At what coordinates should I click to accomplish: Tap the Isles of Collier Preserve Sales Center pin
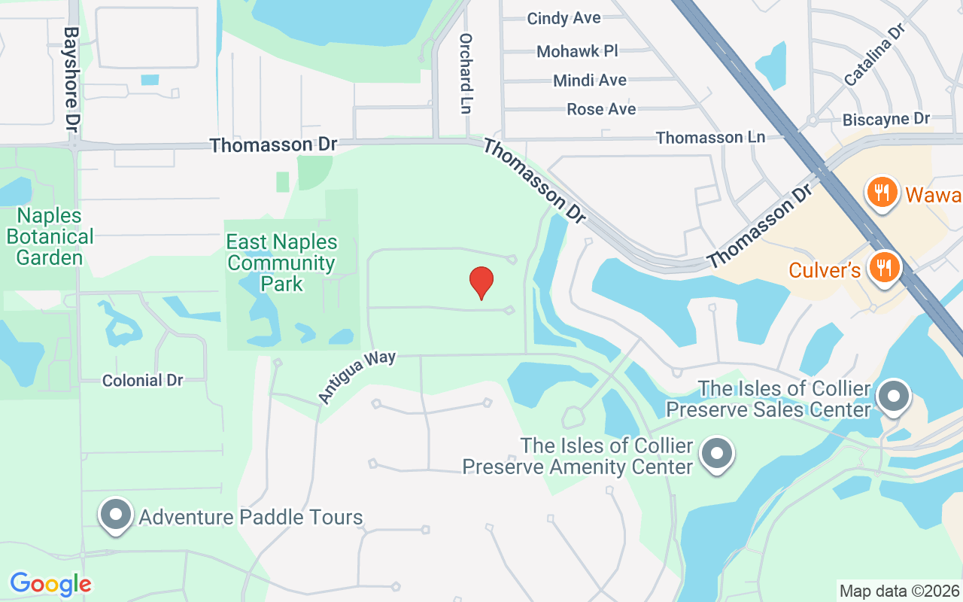point(894,396)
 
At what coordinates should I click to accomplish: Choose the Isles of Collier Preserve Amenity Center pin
point(716,453)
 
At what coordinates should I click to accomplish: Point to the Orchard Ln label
point(466,73)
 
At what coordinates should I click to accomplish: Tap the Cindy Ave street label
point(564,18)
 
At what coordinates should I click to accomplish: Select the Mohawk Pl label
point(577,51)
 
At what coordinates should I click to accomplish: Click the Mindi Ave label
point(590,80)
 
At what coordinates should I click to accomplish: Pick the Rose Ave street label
point(601,109)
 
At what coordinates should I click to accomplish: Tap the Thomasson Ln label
point(710,138)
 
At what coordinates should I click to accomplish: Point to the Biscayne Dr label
point(886,119)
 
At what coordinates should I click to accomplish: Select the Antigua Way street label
point(357,376)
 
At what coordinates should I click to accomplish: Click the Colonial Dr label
point(142,381)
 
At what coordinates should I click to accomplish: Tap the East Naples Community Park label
point(282,263)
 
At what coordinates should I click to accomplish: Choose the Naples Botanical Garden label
point(50,236)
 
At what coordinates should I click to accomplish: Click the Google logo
point(50,584)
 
